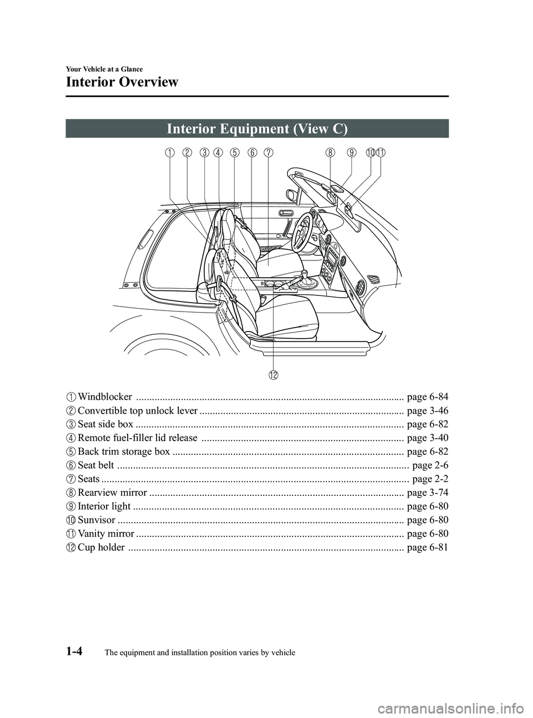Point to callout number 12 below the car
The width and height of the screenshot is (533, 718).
point(274,375)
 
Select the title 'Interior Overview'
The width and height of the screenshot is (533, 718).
point(122,82)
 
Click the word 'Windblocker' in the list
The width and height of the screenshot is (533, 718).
point(105,397)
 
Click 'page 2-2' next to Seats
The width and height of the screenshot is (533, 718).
point(431,479)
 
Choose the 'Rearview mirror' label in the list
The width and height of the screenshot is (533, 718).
point(113,493)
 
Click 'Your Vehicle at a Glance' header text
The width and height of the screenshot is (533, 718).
point(104,69)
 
